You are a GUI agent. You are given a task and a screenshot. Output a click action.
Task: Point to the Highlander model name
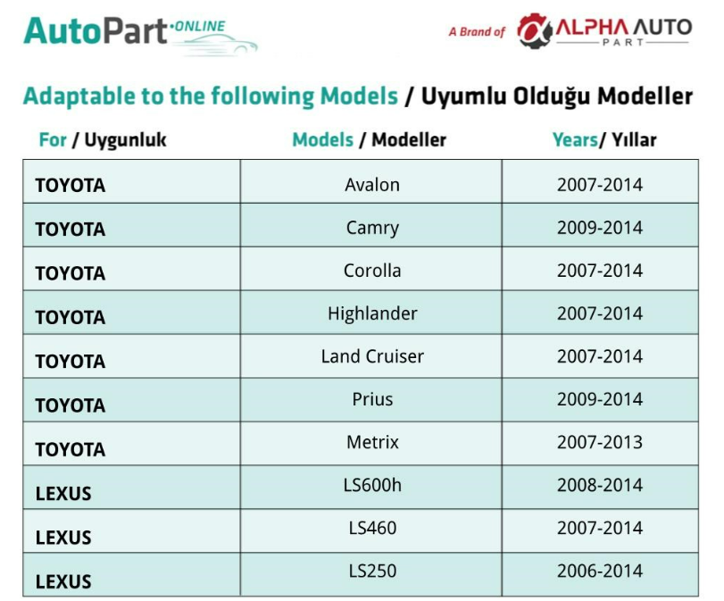point(372,313)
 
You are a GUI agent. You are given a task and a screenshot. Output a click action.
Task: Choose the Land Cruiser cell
point(372,356)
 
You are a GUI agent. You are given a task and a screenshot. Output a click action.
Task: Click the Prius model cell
point(372,399)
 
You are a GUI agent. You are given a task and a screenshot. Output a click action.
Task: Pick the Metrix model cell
point(372,443)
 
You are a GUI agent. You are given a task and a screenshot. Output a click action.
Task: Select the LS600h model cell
point(372,486)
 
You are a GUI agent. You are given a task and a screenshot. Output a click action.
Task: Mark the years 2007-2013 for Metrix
point(599,443)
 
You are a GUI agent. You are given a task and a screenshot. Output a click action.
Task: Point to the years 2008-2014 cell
point(599,486)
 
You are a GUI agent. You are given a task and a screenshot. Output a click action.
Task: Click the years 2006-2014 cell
point(599,571)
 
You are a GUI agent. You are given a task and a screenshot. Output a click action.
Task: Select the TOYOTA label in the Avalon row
point(71,186)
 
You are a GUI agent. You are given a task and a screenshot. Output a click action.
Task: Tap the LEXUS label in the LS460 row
point(63,538)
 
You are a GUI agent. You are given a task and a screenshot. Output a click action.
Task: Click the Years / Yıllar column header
point(604,140)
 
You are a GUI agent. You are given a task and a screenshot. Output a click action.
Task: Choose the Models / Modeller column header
point(369,140)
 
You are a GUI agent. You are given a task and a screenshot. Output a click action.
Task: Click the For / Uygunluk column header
point(103,140)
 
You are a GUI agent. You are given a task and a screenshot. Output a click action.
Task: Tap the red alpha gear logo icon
point(534,30)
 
